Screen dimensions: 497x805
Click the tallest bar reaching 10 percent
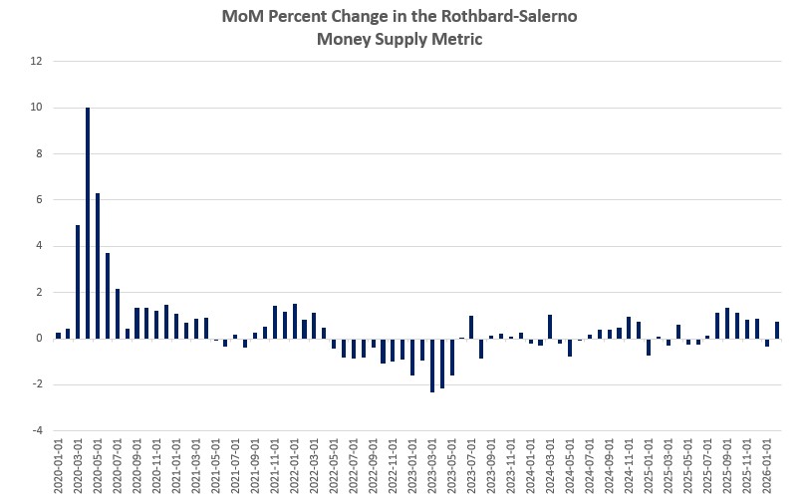(x=88, y=223)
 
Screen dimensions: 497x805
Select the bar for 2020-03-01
(x=78, y=282)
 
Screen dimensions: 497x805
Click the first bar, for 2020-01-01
(x=59, y=336)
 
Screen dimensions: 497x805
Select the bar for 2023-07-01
(x=471, y=328)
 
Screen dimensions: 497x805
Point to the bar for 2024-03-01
(x=550, y=327)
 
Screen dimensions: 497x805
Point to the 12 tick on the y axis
(x=37, y=62)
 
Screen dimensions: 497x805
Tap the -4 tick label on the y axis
(x=37, y=431)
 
